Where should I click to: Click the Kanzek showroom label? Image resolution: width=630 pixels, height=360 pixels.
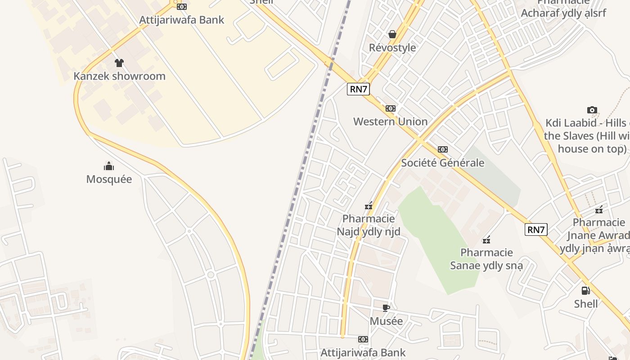[x=119, y=76]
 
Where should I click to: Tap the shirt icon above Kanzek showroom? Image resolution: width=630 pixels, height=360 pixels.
[x=119, y=63]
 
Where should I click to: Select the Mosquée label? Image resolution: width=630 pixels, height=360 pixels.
[x=109, y=179]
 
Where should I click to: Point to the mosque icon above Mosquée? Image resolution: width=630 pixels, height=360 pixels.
[x=109, y=166]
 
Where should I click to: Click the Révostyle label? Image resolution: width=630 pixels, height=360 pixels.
[x=392, y=47]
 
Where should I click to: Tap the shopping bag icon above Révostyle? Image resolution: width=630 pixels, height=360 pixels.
[x=392, y=34]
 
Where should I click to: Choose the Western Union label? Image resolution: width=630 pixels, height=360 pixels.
[x=390, y=121]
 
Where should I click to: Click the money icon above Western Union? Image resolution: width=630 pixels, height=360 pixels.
[x=391, y=108]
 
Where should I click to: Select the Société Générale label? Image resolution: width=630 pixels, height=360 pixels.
[x=442, y=162]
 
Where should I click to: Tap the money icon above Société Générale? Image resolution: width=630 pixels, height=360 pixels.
[x=443, y=149]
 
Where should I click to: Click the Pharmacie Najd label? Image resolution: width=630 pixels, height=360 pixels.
[x=369, y=225]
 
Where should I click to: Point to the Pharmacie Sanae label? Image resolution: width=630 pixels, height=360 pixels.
[x=486, y=259]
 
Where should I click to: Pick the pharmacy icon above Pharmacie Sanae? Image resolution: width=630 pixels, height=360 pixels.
[x=486, y=239]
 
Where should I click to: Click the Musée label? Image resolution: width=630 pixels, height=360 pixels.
[x=386, y=321]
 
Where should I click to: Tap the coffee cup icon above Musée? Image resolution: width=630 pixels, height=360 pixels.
[x=386, y=308]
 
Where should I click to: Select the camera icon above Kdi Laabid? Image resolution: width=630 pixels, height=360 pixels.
[x=592, y=110]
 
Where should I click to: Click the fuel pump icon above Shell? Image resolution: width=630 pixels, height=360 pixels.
[x=585, y=291]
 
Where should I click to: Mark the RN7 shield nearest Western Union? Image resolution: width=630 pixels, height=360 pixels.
[x=359, y=89]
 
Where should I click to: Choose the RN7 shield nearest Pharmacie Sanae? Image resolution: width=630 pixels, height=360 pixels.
[x=536, y=229]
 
